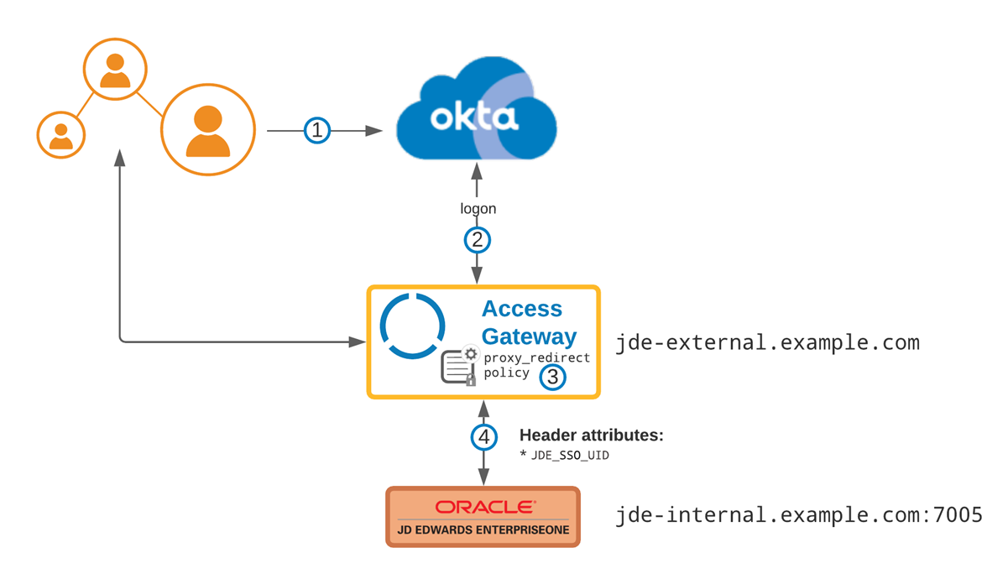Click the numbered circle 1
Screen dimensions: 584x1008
(x=316, y=131)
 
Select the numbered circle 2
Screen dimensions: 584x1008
(x=478, y=240)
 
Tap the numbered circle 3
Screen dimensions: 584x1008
(x=551, y=377)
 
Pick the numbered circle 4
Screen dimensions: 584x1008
(x=483, y=437)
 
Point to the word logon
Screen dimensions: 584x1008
(x=478, y=208)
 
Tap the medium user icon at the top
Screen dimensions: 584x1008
(x=115, y=70)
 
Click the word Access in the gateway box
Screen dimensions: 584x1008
(x=522, y=309)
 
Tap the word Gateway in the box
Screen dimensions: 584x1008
(x=530, y=336)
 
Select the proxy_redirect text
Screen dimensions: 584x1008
(x=537, y=357)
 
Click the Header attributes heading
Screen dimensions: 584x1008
(x=592, y=435)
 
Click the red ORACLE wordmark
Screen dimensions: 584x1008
(x=483, y=507)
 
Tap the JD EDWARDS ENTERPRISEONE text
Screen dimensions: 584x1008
(x=483, y=530)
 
